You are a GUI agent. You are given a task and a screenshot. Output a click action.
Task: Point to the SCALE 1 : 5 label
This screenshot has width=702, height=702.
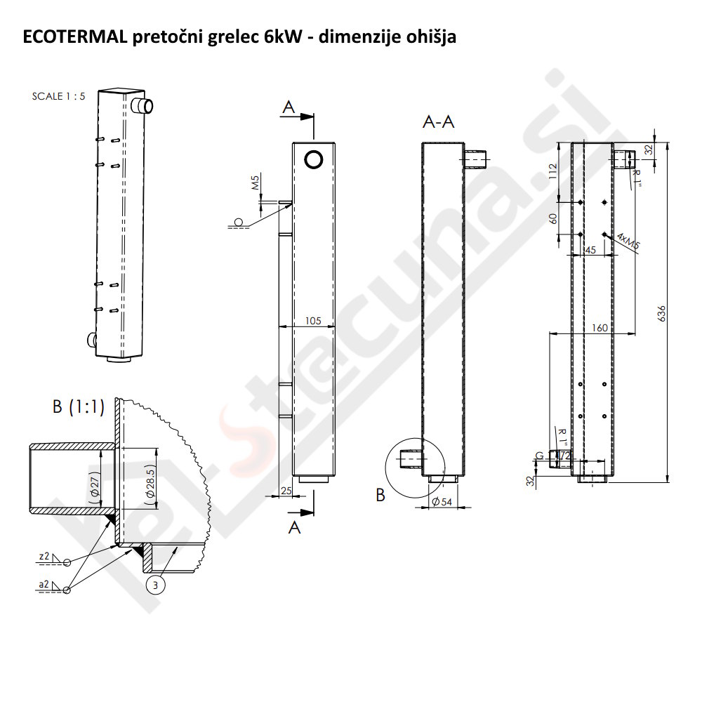click(58, 97)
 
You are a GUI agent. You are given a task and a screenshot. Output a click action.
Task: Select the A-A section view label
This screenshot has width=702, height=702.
click(439, 122)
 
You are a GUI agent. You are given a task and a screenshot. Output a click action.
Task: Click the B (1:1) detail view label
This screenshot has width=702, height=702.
click(78, 406)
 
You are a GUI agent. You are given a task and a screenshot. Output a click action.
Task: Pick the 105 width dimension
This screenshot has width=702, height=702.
click(313, 321)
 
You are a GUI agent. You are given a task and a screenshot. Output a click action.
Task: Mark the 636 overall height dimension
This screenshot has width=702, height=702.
click(661, 313)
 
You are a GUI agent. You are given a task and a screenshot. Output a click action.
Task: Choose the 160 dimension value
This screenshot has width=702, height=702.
click(600, 328)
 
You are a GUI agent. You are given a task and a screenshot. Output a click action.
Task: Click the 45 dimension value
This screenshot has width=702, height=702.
click(590, 250)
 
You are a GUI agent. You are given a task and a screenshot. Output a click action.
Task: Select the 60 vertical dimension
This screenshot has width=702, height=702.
click(553, 218)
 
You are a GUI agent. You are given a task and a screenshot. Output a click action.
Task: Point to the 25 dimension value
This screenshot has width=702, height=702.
click(285, 489)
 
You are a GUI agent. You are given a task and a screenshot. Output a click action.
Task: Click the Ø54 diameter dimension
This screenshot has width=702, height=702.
click(441, 501)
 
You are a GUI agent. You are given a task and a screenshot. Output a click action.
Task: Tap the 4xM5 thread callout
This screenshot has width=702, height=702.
click(630, 241)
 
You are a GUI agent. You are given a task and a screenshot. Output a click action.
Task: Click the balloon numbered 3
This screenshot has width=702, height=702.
click(155, 584)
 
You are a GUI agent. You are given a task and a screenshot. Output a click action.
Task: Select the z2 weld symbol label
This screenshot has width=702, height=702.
click(44, 556)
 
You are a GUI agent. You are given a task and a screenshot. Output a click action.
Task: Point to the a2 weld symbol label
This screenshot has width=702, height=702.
click(44, 583)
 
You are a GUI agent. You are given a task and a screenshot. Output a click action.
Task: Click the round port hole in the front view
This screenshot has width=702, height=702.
click(314, 159)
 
